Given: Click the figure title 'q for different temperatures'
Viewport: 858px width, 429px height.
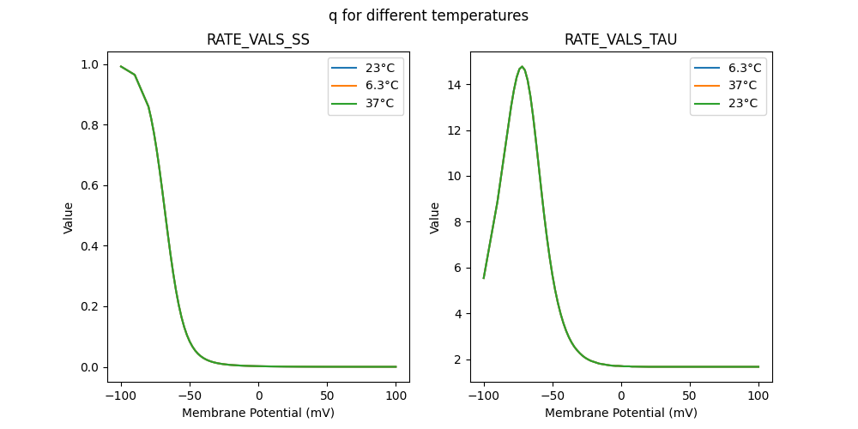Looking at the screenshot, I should coord(428,15).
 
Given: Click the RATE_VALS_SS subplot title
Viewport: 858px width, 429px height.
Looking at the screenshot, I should coord(258,39).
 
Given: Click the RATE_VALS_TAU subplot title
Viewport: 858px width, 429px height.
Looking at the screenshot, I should coord(621,39).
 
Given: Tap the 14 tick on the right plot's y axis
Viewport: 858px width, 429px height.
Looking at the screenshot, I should coord(457,84).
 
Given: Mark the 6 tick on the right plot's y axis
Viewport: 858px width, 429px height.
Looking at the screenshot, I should coord(461,268).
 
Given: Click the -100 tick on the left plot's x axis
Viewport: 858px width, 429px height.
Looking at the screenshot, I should coord(121,396).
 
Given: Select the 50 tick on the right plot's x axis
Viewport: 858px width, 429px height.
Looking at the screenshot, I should coord(690,396).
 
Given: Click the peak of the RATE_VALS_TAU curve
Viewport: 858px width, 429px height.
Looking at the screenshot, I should coord(522,66).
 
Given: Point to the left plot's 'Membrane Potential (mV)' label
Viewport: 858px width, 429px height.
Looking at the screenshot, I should coord(258,413).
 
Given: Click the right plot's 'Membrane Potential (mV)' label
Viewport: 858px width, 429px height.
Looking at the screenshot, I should coord(621,413).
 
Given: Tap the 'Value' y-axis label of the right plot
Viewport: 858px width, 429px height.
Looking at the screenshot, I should coord(435,218).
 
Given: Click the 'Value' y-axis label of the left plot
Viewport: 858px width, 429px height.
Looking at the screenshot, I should coord(69,218).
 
